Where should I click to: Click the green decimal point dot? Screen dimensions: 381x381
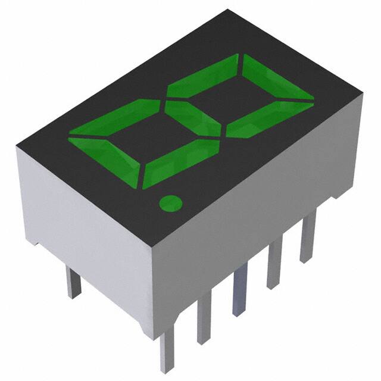point(170,204)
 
